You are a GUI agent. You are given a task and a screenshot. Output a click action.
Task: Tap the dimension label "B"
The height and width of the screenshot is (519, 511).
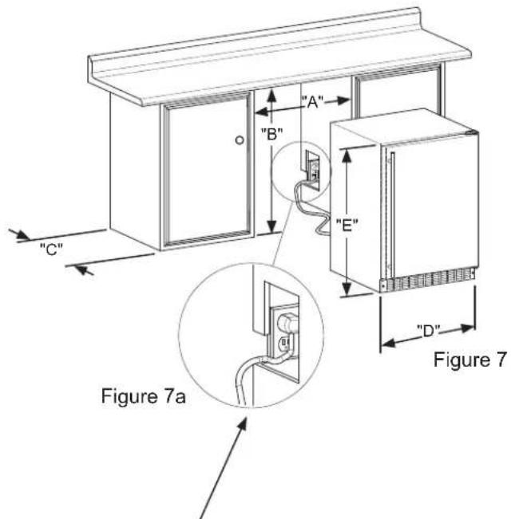coord(271,134)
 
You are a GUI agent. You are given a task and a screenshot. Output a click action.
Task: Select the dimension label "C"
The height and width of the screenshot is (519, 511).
coord(51,249)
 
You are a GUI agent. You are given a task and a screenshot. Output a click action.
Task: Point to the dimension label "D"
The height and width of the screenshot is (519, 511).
coord(428,331)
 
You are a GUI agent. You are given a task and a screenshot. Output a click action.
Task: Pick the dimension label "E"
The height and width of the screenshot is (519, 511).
coord(347,226)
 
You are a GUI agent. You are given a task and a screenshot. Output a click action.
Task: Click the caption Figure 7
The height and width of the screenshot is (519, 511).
coord(470,360)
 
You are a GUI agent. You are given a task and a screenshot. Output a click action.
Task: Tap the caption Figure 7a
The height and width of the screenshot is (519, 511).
coord(143,396)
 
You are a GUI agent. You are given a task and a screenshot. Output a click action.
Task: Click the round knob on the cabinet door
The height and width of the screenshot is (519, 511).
coord(240,140)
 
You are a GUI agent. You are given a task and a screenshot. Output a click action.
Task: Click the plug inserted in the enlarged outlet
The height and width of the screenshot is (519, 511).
coord(287,322)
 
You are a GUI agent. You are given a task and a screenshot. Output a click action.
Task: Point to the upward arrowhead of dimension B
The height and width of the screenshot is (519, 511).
coord(271,96)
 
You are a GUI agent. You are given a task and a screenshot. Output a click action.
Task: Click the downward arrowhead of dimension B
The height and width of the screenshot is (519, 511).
coord(271,226)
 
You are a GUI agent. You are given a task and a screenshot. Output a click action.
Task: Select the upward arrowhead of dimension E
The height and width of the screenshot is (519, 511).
coord(347,156)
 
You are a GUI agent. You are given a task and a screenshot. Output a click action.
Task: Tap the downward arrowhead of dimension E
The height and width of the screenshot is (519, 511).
coord(347,289)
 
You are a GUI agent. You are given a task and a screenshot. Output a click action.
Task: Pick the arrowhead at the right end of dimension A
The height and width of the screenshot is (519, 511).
coord(343,100)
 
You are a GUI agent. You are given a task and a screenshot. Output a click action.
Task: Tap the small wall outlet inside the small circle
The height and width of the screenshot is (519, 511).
coord(312,169)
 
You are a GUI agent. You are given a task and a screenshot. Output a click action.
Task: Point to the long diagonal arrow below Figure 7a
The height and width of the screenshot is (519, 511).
coord(223,467)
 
